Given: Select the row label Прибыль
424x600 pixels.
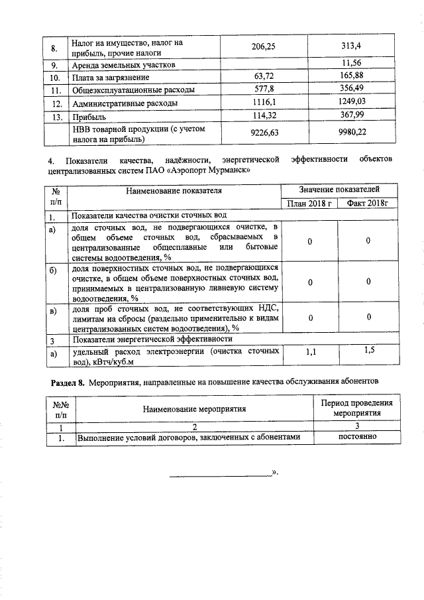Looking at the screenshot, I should point(87,116).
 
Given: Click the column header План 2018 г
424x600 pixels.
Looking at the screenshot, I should point(309,203).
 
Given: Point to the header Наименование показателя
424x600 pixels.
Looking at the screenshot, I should point(175,191).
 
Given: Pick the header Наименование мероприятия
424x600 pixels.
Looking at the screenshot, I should point(195,408).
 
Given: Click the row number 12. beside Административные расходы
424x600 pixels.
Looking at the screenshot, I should point(57,103).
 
